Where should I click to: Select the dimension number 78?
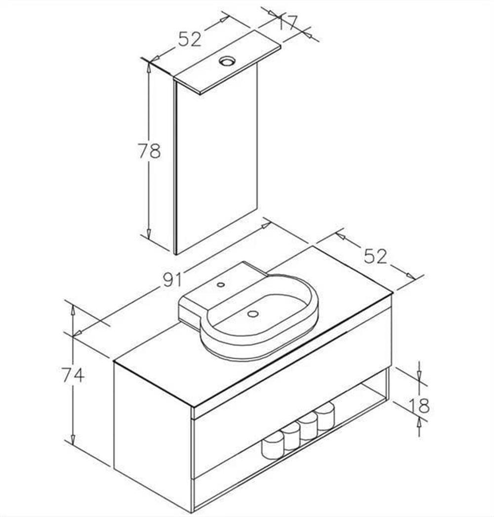(149, 151)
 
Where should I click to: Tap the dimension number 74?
(73, 375)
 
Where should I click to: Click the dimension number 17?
(287, 22)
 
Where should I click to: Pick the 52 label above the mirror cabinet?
(190, 39)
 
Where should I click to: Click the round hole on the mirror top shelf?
(228, 61)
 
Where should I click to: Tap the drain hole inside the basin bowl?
(252, 314)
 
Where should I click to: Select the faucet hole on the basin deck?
(221, 284)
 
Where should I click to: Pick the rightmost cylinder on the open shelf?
(325, 416)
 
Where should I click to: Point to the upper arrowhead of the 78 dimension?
(149, 67)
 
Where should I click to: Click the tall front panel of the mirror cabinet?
(217, 158)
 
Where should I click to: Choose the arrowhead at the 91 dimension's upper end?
(266, 225)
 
